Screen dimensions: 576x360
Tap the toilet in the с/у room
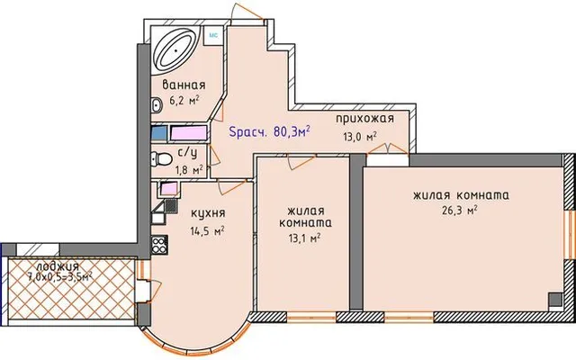[161, 159]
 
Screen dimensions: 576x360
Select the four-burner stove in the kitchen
[160, 244]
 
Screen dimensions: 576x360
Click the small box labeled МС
[213, 35]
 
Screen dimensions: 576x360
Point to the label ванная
[184, 85]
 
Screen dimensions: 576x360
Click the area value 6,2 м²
[184, 100]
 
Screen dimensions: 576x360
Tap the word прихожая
[364, 118]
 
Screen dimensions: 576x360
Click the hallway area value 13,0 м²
[360, 137]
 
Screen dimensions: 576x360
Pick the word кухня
[208, 213]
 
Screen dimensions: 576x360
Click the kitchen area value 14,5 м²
[208, 231]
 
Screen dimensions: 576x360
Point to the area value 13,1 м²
[304, 238]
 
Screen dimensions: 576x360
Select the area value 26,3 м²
[460, 211]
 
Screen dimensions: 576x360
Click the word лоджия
[58, 266]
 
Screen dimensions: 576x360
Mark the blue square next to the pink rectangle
[159, 132]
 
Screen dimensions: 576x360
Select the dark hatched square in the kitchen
[171, 205]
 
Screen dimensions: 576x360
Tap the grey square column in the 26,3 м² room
[555, 300]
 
